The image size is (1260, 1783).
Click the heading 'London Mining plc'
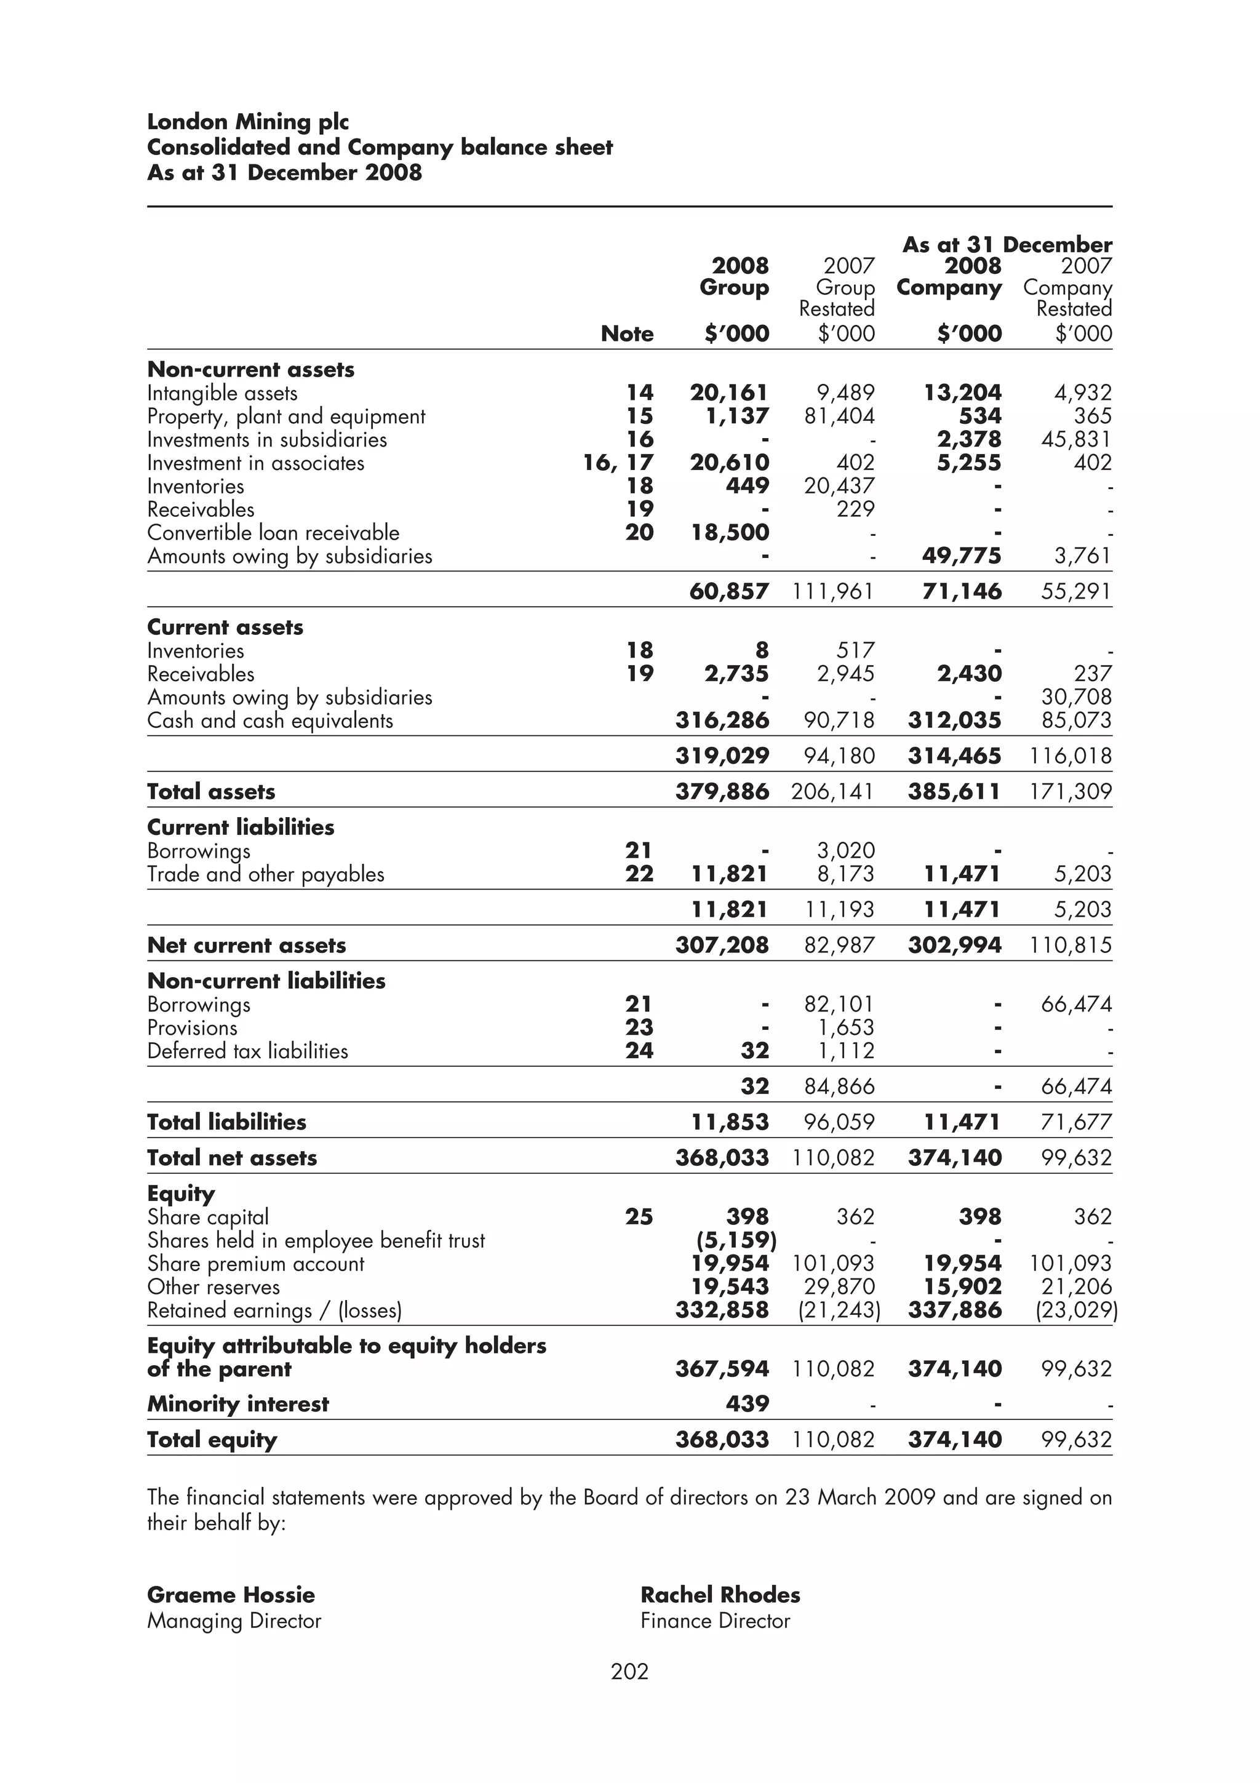(x=248, y=122)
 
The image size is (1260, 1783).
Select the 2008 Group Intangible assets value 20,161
(x=729, y=393)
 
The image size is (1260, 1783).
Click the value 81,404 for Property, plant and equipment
(x=839, y=417)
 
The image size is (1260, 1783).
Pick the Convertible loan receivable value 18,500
(x=729, y=533)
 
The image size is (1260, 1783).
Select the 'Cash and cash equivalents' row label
(x=270, y=720)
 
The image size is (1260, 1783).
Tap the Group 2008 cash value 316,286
(x=722, y=720)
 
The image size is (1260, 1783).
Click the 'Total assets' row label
(x=211, y=791)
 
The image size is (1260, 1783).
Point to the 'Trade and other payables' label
(x=266, y=874)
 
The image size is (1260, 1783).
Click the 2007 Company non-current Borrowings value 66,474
(x=1076, y=1004)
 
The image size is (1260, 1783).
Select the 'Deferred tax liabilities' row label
(x=248, y=1051)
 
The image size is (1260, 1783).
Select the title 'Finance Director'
(x=714, y=1621)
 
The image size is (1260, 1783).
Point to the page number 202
(x=629, y=1670)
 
